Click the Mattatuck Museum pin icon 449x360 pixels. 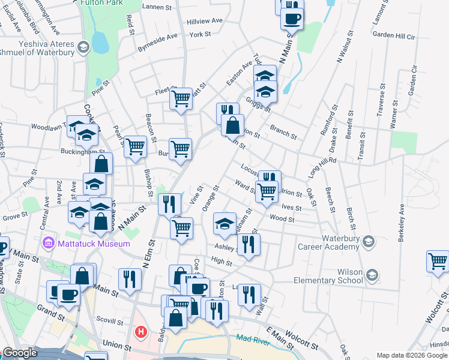(x=48, y=244)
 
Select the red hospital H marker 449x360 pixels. (x=141, y=331)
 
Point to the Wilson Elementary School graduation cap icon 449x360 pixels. (x=373, y=274)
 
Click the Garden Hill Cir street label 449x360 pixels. (x=394, y=36)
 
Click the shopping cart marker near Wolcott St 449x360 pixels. (x=438, y=262)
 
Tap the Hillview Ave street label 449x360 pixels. (x=205, y=20)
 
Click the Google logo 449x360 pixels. (x=20, y=353)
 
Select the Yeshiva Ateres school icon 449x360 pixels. (x=83, y=46)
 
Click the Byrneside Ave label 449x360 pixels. (x=158, y=41)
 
